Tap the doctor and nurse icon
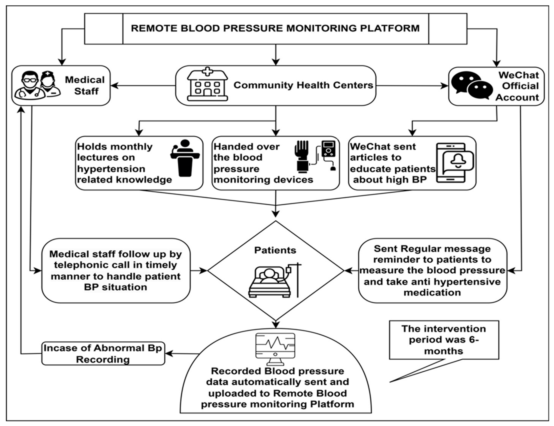pyautogui.click(x=38, y=85)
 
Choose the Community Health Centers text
pyautogui.click(x=303, y=85)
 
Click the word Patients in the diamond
pyautogui.click(x=275, y=250)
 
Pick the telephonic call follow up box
pyautogui.click(x=116, y=271)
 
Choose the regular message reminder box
pyautogui.click(x=432, y=271)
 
